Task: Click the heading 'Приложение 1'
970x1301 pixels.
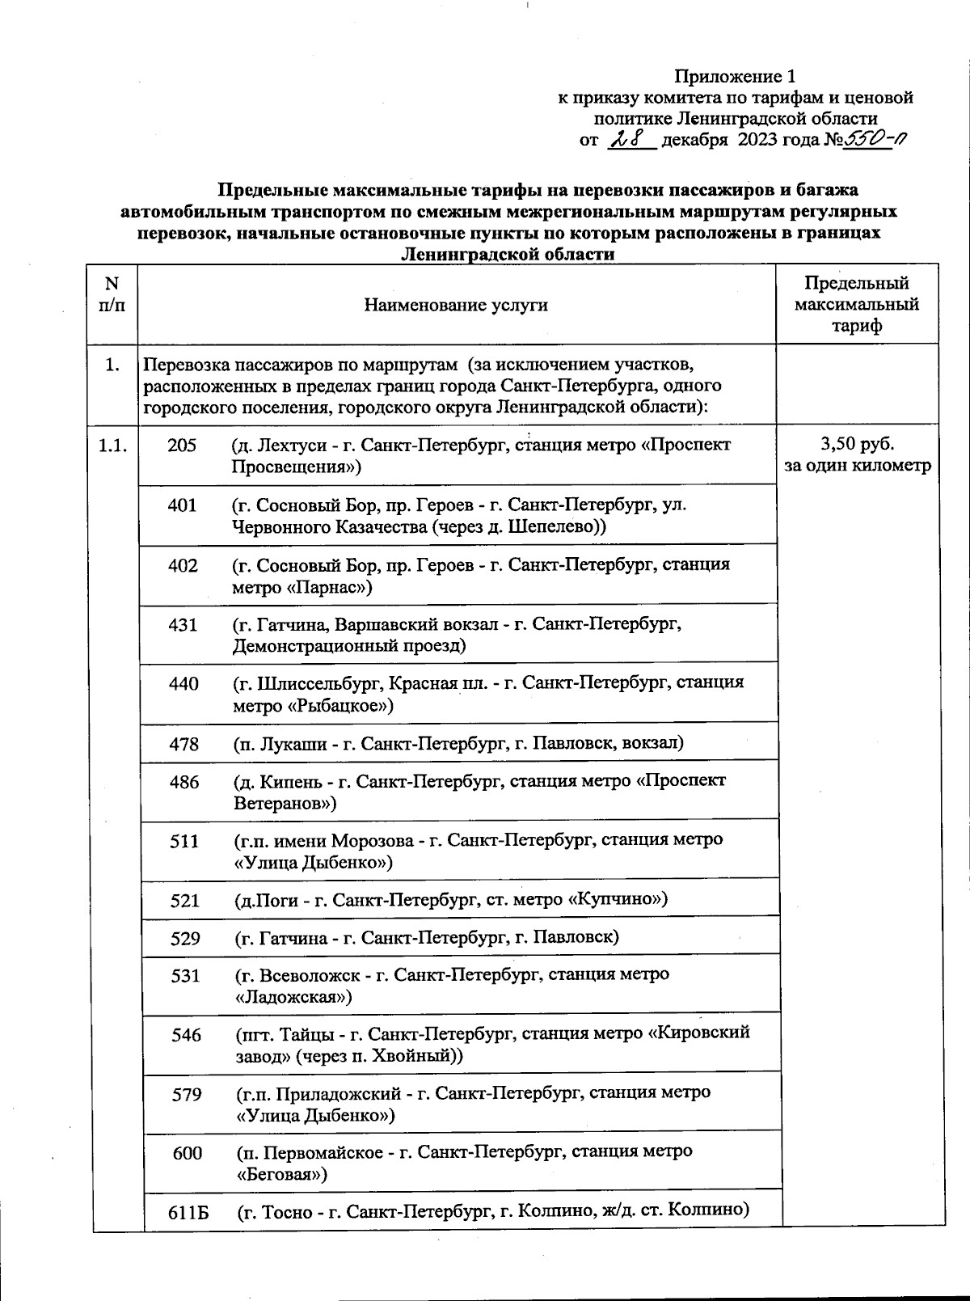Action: [735, 77]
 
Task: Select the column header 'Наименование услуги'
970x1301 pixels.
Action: [456, 305]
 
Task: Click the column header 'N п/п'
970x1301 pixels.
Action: [112, 294]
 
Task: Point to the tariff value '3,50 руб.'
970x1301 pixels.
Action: [857, 444]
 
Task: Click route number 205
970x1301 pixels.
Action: [182, 445]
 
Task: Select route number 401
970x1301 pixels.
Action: [182, 505]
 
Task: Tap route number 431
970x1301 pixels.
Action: [183, 624]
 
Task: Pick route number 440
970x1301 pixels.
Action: [183, 683]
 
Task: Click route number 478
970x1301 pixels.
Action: [183, 743]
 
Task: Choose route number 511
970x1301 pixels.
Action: [184, 841]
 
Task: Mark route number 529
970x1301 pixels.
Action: [185, 938]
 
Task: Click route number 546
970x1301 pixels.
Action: [186, 1034]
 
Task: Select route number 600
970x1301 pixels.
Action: [187, 1152]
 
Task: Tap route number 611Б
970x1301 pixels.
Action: [188, 1211]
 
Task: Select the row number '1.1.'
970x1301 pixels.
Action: [112, 445]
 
